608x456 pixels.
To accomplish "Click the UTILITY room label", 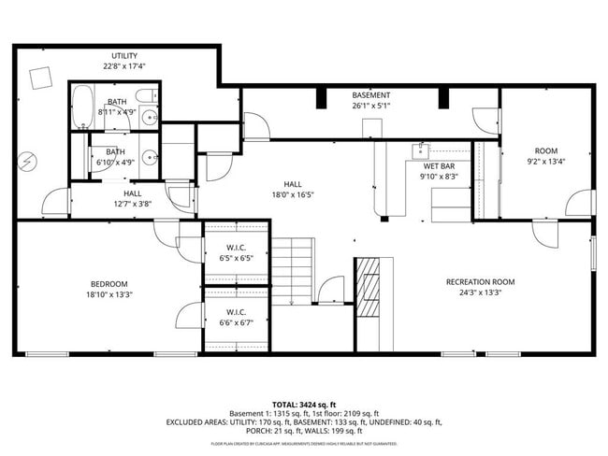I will [124, 56].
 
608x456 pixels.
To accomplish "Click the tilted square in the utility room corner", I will [40, 78].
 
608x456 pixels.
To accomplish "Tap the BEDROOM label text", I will [109, 284].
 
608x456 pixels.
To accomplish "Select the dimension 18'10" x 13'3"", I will [109, 294].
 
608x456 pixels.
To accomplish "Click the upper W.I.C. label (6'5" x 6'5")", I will [236, 248].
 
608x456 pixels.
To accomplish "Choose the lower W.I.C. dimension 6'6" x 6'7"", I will [236, 322].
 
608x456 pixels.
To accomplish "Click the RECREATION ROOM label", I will [480, 281].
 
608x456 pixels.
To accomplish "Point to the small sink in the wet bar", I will [423, 148].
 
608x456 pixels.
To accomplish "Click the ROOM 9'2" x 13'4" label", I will [545, 151].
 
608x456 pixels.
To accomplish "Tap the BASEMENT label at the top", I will [370, 95].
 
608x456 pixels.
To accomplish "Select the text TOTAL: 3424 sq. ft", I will [303, 403].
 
